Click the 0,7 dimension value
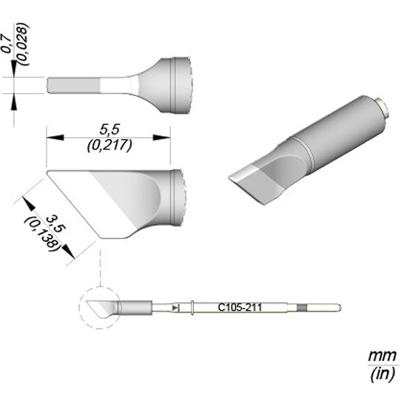[x=7, y=43]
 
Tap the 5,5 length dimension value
[x=110, y=129]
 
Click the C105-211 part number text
[x=240, y=308]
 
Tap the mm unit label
[x=382, y=355]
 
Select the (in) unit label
[x=383, y=374]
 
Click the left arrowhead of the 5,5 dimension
[x=55, y=138]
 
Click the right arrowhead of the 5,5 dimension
[x=161, y=138]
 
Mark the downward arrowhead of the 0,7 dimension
[x=14, y=68]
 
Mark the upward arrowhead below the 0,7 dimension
[x=14, y=101]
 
